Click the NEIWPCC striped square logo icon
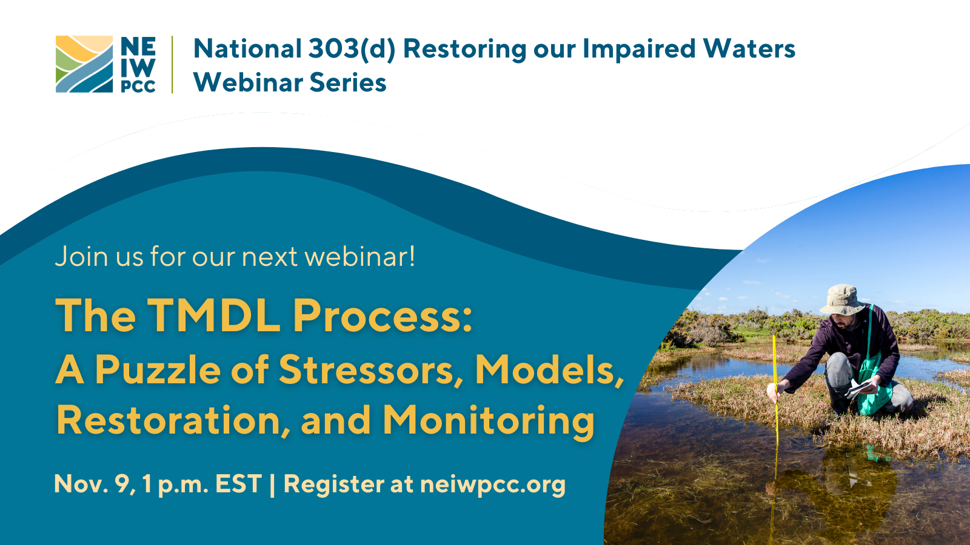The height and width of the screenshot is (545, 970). coord(84,64)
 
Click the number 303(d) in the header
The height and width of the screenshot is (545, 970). coord(351,49)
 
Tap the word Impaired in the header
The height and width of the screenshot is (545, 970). coord(639,49)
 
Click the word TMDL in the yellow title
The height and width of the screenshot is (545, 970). coord(214,315)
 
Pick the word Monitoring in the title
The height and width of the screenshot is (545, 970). coord(489,420)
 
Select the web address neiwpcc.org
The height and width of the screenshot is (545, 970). coord(492,484)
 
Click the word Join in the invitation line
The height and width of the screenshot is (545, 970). coord(81,257)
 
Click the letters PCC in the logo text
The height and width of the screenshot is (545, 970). coord(138,87)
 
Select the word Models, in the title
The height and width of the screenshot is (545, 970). coord(549,369)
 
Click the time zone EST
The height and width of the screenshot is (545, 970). coord(238,484)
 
